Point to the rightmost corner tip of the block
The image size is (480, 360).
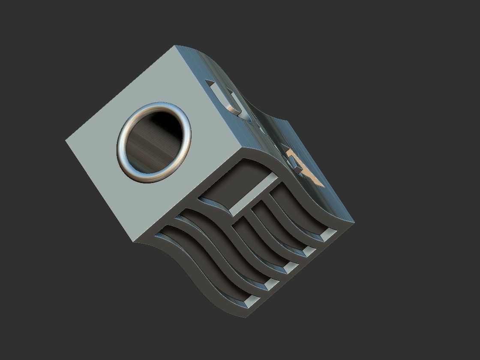coord(354,222)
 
